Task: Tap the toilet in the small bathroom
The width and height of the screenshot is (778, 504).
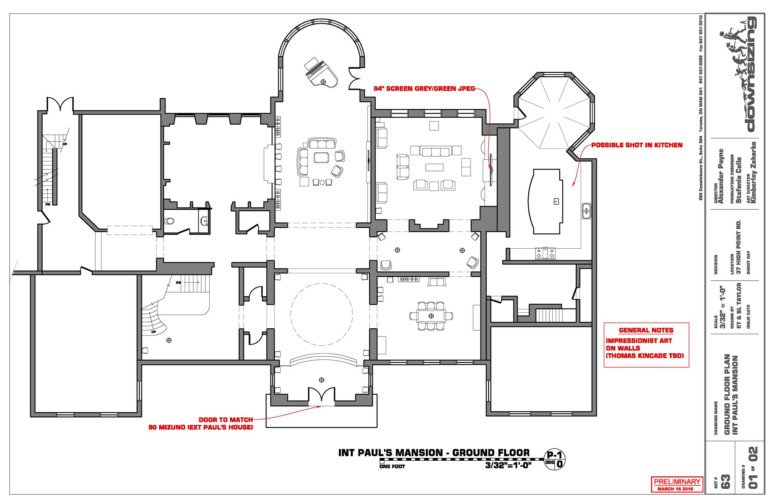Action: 169,221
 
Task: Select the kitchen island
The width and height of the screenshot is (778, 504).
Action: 546,201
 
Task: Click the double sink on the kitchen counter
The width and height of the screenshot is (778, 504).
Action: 586,211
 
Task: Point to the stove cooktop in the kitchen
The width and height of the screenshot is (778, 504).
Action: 545,253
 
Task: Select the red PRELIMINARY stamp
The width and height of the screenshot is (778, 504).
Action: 677,484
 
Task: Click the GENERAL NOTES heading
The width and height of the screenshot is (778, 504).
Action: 646,330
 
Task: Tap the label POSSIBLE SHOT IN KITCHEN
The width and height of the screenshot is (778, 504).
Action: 637,145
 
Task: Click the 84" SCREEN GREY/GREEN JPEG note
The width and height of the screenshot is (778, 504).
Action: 424,89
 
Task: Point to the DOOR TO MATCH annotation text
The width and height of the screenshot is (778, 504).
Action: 226,420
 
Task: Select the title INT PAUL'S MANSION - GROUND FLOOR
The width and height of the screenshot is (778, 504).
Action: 434,453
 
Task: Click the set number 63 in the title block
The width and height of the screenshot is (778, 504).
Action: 725,482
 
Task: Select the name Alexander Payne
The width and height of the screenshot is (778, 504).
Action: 721,177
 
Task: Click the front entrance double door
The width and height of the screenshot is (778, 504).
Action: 322,395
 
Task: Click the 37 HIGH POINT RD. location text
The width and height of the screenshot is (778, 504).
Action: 738,247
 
